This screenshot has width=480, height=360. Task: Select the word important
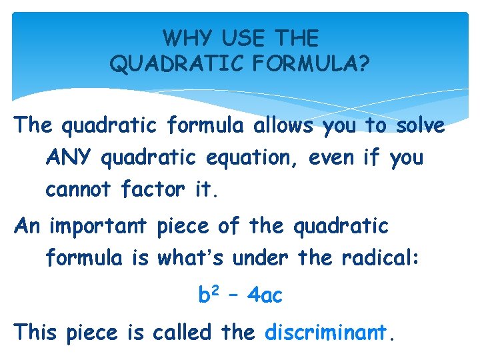(x=99, y=227)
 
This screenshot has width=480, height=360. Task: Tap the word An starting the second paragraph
(x=27, y=227)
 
